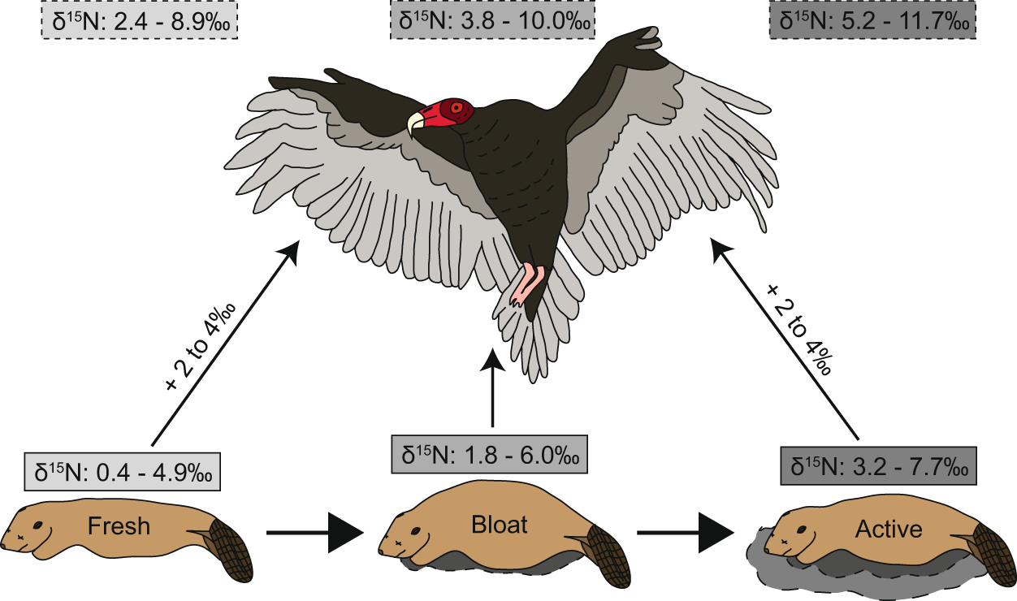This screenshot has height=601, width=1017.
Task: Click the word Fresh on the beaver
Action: [120, 525]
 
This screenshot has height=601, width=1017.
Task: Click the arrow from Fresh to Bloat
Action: [314, 533]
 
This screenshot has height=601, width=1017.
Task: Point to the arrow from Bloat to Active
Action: [686, 533]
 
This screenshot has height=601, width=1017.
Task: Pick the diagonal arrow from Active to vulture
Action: [784, 337]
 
